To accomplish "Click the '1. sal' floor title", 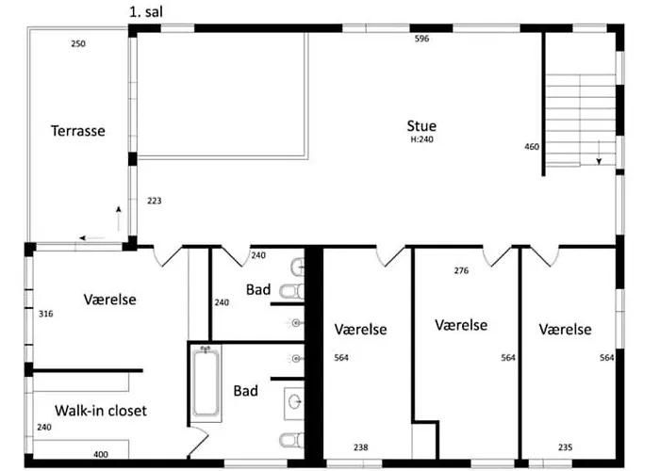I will pyautogui.click(x=153, y=12).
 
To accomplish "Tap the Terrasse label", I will pyautogui.click(x=77, y=131).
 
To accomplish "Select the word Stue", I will pyautogui.click(x=421, y=125).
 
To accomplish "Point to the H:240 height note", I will pyautogui.click(x=421, y=139).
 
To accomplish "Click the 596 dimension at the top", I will pyautogui.click(x=423, y=40).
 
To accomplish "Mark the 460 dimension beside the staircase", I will pyautogui.click(x=532, y=147).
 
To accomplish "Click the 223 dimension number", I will pyautogui.click(x=155, y=200).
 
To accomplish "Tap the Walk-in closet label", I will pyautogui.click(x=100, y=411).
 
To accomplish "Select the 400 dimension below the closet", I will pyautogui.click(x=100, y=454).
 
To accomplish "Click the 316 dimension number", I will pyautogui.click(x=44, y=314).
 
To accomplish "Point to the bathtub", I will pyautogui.click(x=206, y=383).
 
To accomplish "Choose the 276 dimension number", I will pyautogui.click(x=461, y=271).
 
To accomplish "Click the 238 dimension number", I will pyautogui.click(x=360, y=447).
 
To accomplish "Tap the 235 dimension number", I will pyautogui.click(x=566, y=447).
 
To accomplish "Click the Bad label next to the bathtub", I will pyautogui.click(x=246, y=391).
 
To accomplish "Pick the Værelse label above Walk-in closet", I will pyautogui.click(x=109, y=300).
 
